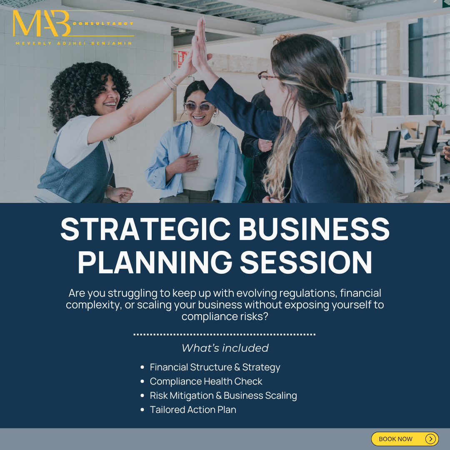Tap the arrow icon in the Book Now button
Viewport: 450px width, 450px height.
point(430,439)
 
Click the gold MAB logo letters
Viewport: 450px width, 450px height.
point(42,24)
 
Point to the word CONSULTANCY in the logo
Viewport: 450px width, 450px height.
point(103,24)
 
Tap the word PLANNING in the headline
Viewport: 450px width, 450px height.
point(155,262)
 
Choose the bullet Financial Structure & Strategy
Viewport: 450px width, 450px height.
point(215,367)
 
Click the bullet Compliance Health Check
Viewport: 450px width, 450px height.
point(206,381)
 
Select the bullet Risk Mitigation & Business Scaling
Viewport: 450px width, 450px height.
point(223,395)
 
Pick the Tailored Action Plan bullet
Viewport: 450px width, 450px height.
point(193,410)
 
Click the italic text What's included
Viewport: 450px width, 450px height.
point(225,348)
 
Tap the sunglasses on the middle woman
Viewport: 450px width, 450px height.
point(198,107)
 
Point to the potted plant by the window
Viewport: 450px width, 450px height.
point(437,102)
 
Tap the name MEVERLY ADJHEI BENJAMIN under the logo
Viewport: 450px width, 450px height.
point(73,43)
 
